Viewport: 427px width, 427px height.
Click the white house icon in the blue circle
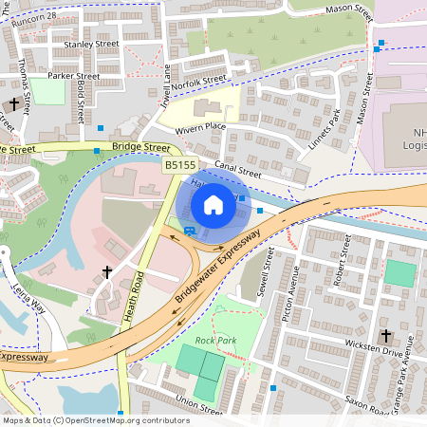pos(213,205)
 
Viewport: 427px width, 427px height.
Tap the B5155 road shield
pos(179,165)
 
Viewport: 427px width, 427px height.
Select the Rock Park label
pos(215,340)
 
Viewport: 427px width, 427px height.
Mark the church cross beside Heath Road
pos(107,273)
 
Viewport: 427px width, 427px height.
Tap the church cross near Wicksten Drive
pos(385,336)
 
